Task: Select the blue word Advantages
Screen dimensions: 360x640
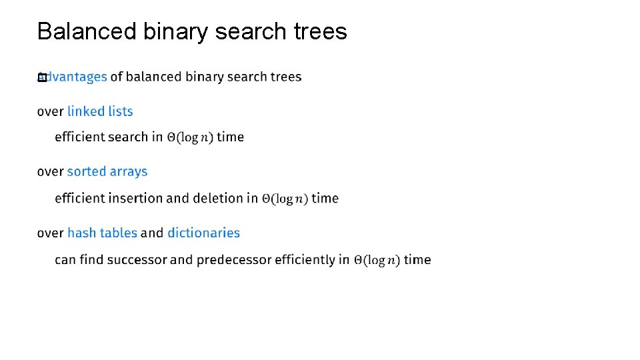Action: (x=75, y=77)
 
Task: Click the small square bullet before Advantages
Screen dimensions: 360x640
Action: (x=41, y=77)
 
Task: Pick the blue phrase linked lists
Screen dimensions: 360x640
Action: (x=100, y=111)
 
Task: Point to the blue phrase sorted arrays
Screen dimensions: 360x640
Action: (x=107, y=171)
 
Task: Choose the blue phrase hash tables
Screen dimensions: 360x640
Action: (x=102, y=233)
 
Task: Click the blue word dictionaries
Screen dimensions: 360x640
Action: (x=203, y=233)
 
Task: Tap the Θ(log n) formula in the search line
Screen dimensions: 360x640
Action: (x=190, y=137)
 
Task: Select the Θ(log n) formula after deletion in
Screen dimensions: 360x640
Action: (x=285, y=199)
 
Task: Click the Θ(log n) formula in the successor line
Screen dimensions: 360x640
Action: (x=377, y=260)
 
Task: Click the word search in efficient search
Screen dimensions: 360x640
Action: (x=127, y=137)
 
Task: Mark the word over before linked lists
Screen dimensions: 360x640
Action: (x=50, y=111)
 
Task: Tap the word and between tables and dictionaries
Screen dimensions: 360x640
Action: (x=152, y=233)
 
